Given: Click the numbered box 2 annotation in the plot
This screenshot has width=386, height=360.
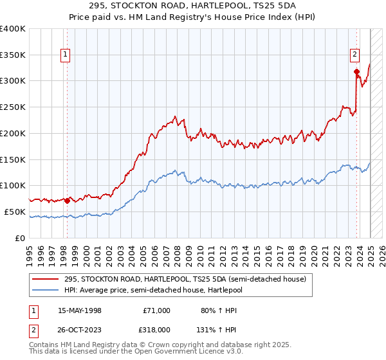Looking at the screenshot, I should pos(354,56).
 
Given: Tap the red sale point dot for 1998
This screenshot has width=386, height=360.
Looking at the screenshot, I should pos(68,201).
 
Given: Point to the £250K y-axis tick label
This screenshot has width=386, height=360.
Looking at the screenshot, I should pos(13,107).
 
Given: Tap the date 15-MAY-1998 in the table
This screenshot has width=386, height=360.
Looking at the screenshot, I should pos(80,310).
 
